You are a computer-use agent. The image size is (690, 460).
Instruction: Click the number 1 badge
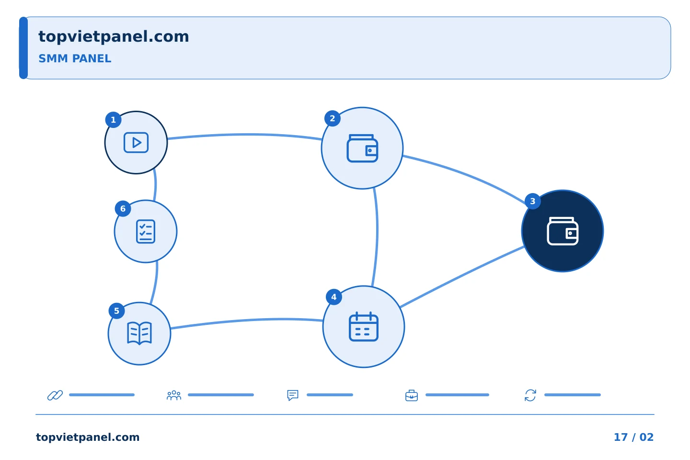(114, 119)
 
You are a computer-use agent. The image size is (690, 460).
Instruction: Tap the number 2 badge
(333, 118)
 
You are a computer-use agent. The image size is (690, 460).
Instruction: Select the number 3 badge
(533, 201)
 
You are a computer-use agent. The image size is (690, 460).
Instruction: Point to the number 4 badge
(334, 297)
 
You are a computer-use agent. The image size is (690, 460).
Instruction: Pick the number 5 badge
(117, 311)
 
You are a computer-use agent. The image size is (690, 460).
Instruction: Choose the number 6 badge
(123, 208)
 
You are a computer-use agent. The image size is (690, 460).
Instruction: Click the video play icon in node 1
(136, 143)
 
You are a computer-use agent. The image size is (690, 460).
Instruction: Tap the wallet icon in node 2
(362, 148)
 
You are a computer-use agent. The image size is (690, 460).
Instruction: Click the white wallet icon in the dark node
(563, 231)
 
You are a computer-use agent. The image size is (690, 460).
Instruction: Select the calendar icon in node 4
(364, 327)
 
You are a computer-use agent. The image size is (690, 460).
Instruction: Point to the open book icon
(139, 333)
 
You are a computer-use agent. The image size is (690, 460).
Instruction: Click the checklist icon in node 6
(146, 231)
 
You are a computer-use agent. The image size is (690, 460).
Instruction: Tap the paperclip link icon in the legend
(55, 395)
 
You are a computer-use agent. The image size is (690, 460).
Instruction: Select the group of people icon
(174, 395)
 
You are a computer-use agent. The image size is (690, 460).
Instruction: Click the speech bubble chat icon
(293, 395)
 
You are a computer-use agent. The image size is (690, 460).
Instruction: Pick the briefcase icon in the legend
(412, 395)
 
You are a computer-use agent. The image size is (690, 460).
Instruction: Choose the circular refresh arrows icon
(530, 395)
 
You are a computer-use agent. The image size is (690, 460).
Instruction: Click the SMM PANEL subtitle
(75, 58)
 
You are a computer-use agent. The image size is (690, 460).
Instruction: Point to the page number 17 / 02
(633, 437)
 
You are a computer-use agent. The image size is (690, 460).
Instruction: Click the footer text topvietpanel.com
(88, 437)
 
